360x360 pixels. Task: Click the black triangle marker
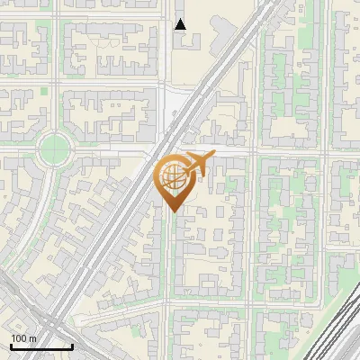pos(181,24)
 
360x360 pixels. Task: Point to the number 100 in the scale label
pos(19,337)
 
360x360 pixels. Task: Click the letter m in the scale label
pos(32,337)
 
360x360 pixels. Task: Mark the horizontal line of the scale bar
pos(41,346)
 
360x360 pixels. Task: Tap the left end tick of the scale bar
pos(11,345)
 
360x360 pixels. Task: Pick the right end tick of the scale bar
pos(72,345)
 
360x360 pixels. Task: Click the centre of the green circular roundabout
pos(55,146)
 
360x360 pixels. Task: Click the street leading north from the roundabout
pos(55,108)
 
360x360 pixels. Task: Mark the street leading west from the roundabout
pos(18,146)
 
